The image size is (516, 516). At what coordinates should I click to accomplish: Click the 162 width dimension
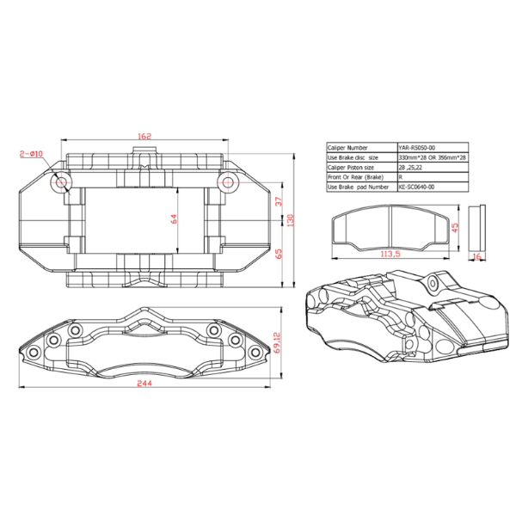tap(144, 135)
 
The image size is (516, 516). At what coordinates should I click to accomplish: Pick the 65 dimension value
tap(279, 254)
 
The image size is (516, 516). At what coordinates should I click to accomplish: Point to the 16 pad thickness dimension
tap(476, 255)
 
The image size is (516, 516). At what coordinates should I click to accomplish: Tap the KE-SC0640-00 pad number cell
tap(417, 187)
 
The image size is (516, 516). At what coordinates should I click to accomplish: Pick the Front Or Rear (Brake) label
tap(355, 177)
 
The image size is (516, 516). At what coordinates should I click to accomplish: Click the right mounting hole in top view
tap(226, 181)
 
